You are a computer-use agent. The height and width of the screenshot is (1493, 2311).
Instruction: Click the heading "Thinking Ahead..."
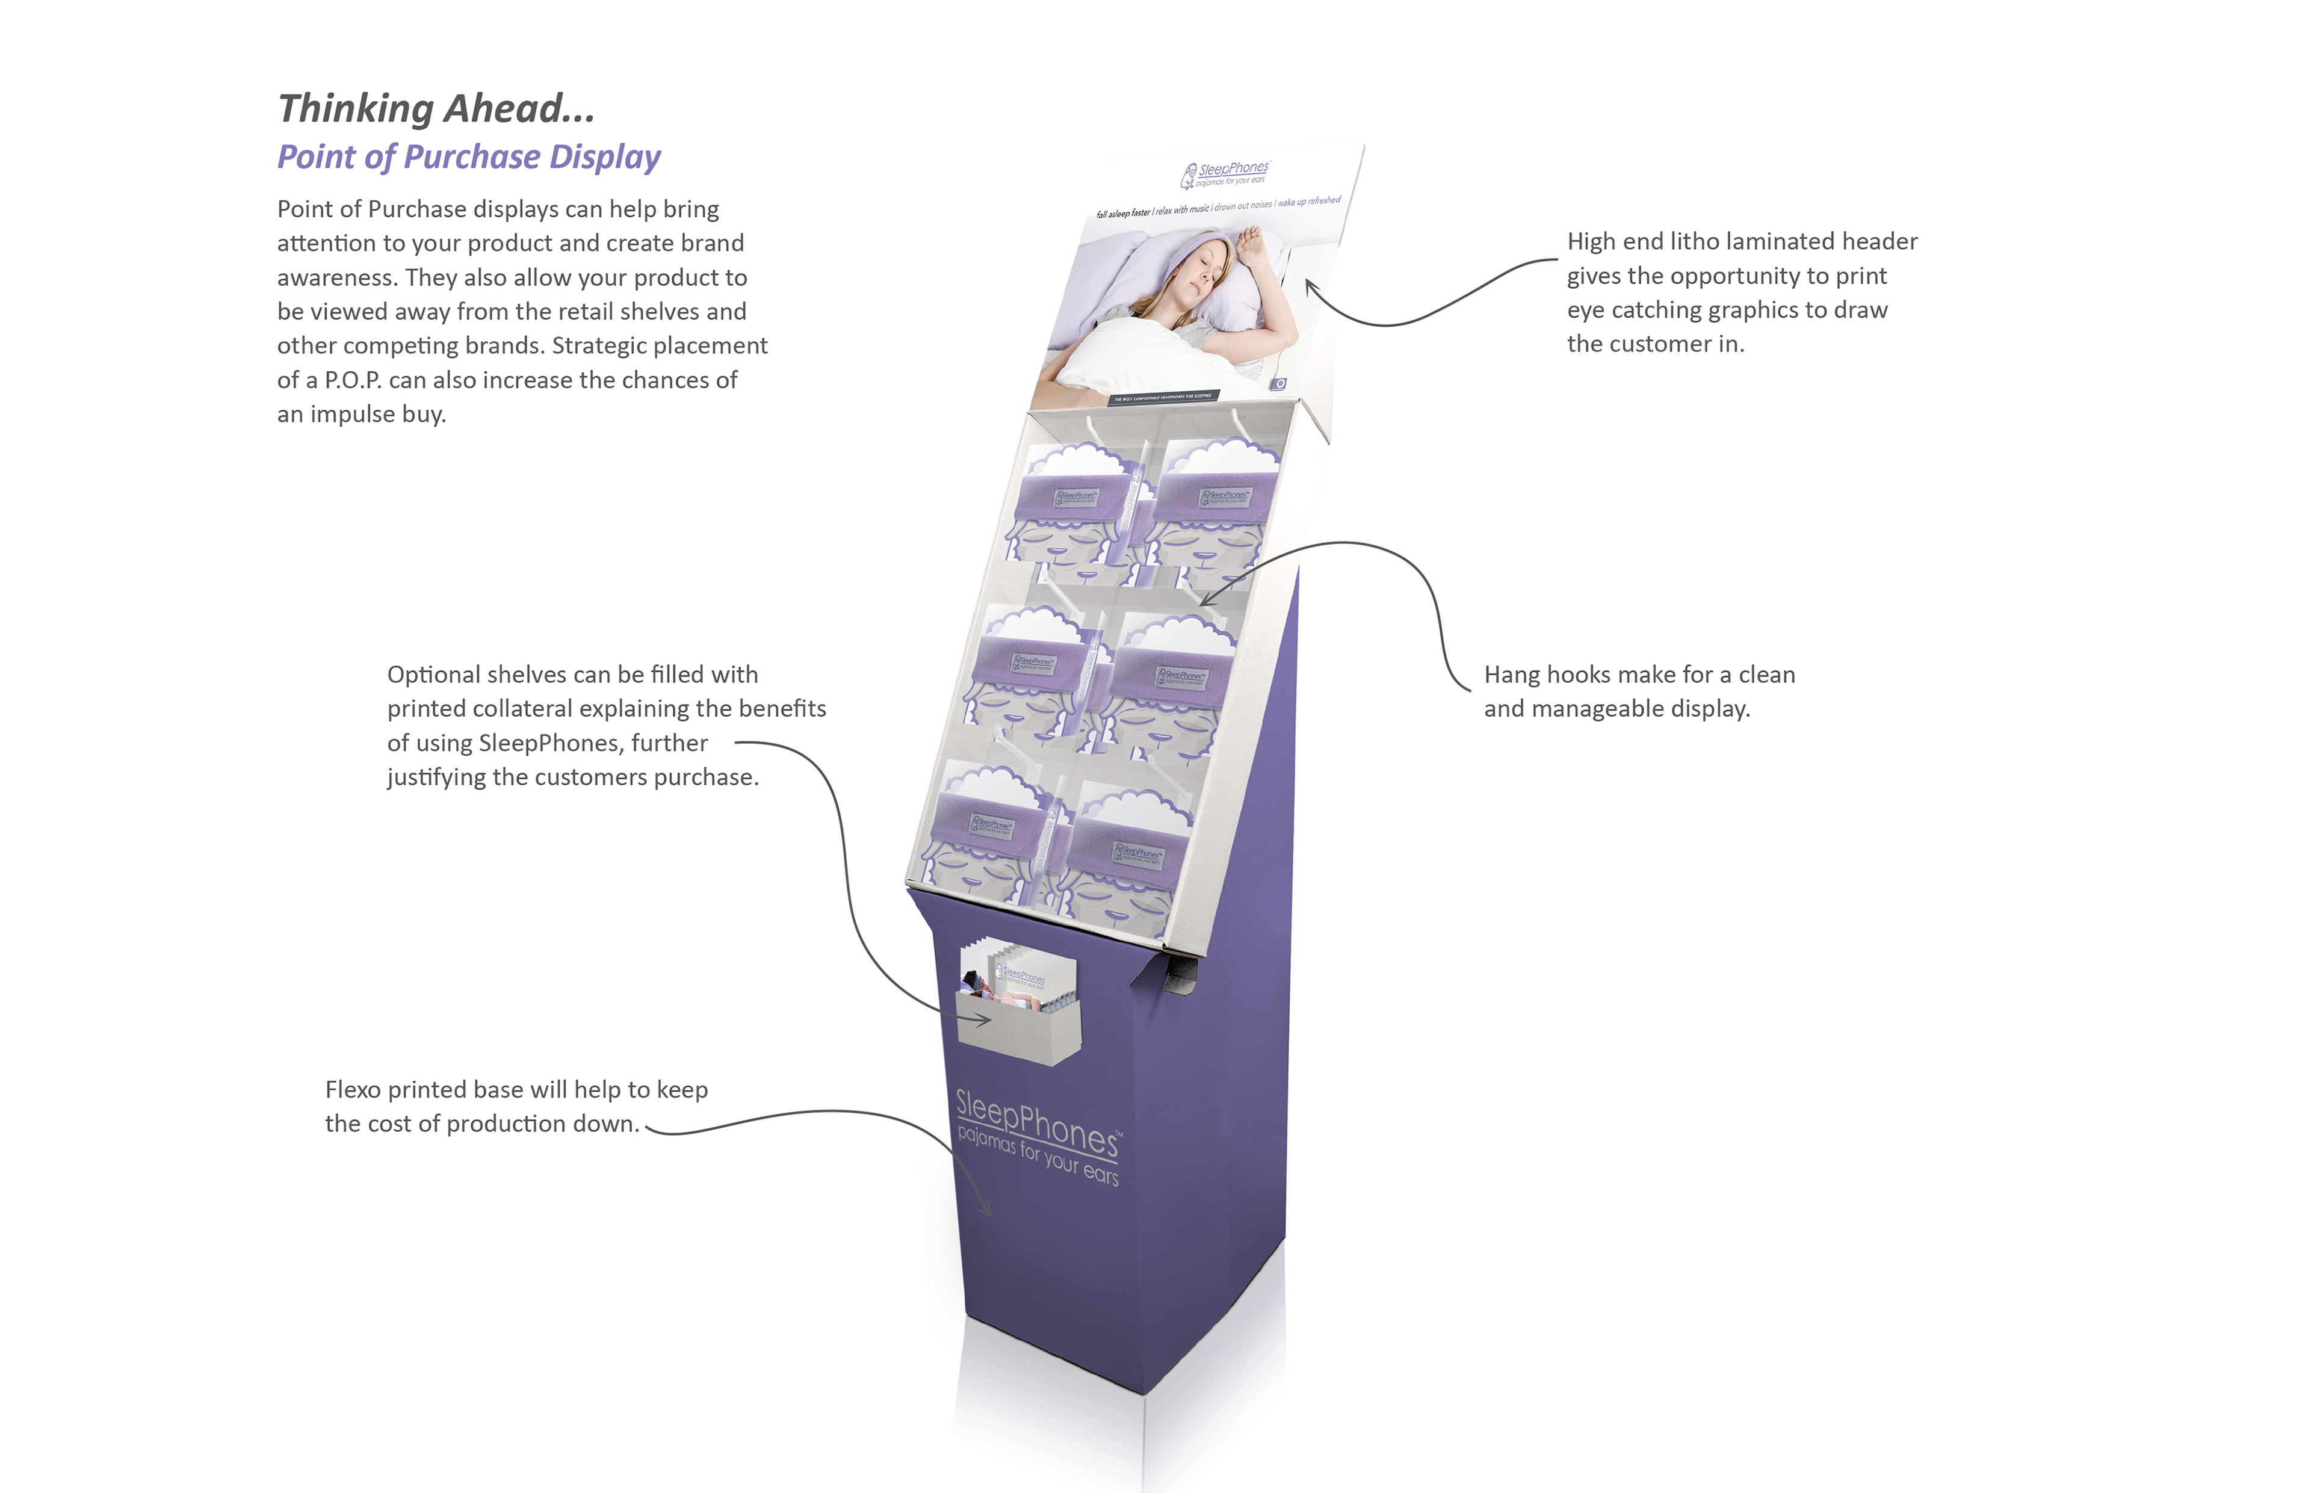click(x=436, y=108)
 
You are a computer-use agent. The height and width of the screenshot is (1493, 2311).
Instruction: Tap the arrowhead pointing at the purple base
click(x=988, y=1212)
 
